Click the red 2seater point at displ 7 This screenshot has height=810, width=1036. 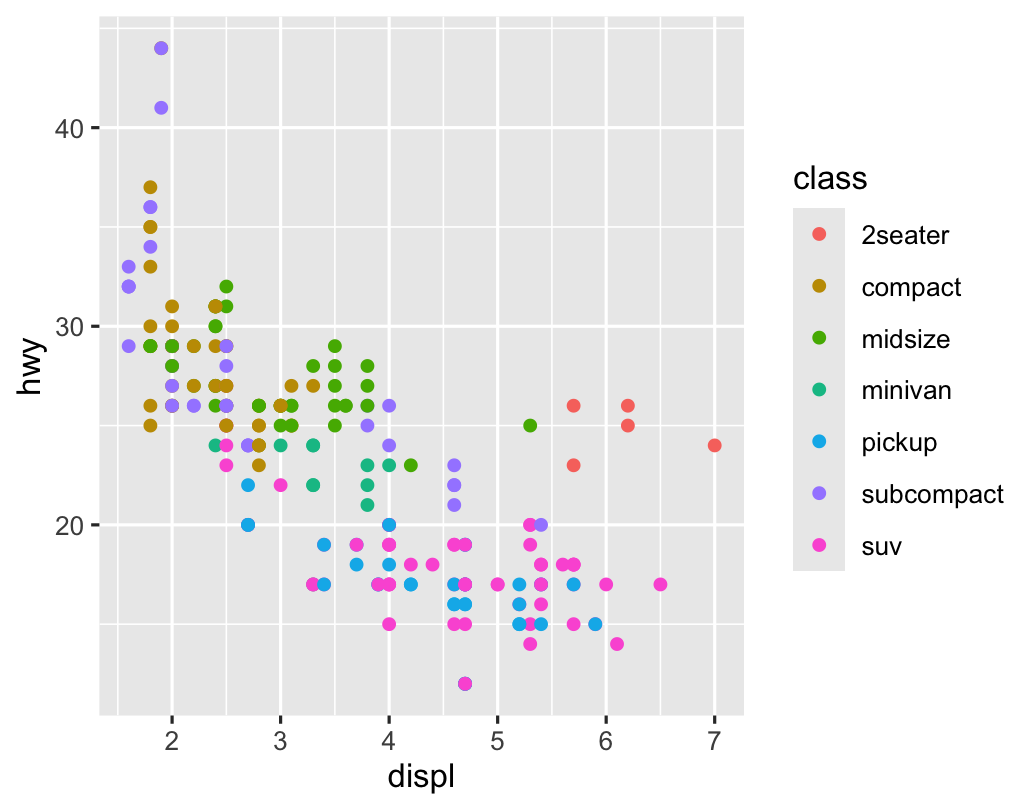[x=714, y=445]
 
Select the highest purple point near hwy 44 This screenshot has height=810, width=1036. [x=161, y=48]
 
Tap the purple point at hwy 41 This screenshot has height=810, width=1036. [x=161, y=108]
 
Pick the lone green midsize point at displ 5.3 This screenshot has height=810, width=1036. [x=530, y=425]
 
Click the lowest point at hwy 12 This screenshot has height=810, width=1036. [x=465, y=683]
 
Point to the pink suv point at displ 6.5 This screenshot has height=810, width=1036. [x=660, y=584]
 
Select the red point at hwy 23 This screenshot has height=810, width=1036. [x=573, y=465]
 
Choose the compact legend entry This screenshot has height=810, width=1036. [x=910, y=287]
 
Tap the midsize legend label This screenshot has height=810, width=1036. [x=905, y=339]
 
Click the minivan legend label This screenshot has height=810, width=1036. [x=906, y=390]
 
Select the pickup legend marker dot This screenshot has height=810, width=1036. [x=819, y=442]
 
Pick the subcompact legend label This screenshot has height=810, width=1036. [x=932, y=494]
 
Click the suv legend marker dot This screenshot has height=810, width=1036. [x=819, y=545]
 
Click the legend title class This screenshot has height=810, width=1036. [x=829, y=179]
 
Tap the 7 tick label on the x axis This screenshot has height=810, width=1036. [x=714, y=743]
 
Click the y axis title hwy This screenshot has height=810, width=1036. [x=32, y=366]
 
